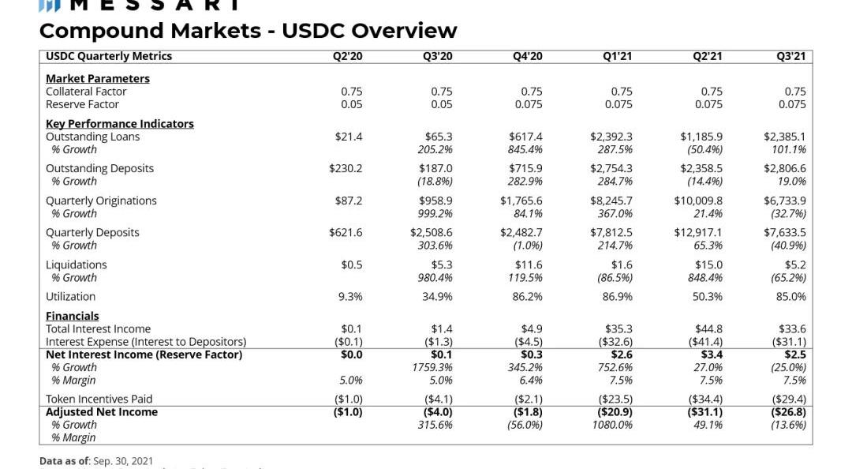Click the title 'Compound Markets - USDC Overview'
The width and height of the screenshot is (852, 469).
click(x=248, y=31)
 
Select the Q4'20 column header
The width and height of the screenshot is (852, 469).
click(x=527, y=56)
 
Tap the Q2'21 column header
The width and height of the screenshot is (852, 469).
click(x=707, y=56)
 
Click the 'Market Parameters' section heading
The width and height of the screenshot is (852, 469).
click(x=97, y=78)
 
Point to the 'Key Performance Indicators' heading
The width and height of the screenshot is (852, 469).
click(x=119, y=123)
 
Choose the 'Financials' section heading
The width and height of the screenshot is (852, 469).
click(x=72, y=316)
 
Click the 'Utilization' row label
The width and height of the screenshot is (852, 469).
click(x=70, y=297)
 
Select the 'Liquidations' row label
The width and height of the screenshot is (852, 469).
click(x=76, y=265)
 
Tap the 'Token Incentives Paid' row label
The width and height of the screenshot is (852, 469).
click(x=99, y=399)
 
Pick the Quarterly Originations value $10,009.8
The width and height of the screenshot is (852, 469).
click(x=697, y=201)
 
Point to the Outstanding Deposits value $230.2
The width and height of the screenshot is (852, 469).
click(x=346, y=168)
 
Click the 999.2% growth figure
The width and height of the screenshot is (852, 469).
click(x=435, y=213)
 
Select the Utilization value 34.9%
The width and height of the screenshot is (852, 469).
click(x=437, y=297)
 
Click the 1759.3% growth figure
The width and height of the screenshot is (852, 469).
click(x=432, y=367)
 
